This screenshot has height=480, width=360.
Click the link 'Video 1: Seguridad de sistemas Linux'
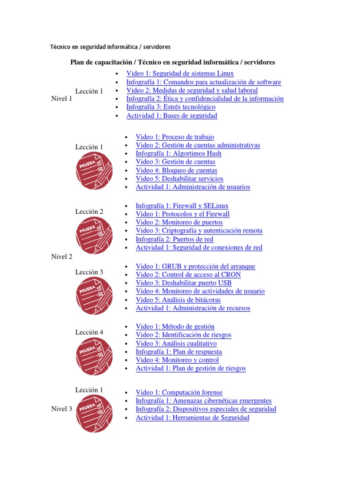(180, 74)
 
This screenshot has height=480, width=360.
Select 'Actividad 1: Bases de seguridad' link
(172, 116)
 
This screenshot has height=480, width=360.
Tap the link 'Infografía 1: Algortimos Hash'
(178, 154)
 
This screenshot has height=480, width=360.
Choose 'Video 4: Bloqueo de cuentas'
(176, 171)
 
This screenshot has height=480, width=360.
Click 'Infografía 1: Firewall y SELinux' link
(182, 206)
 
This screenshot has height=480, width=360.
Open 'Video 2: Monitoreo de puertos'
(179, 223)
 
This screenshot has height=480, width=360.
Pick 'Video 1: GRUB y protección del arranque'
(195, 267)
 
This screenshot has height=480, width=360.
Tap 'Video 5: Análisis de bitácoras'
(178, 300)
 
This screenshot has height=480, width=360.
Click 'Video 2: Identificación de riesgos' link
(183, 335)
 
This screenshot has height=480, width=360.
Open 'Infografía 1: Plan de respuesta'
(179, 352)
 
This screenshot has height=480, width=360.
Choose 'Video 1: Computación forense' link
(179, 393)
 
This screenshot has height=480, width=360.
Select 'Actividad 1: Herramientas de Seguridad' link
(192, 418)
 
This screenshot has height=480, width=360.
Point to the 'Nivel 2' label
(61, 257)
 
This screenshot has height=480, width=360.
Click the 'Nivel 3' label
(61, 409)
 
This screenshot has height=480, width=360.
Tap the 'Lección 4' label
(89, 332)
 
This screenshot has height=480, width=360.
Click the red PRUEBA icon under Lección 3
(94, 296)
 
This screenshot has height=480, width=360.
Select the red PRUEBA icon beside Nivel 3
(94, 413)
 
